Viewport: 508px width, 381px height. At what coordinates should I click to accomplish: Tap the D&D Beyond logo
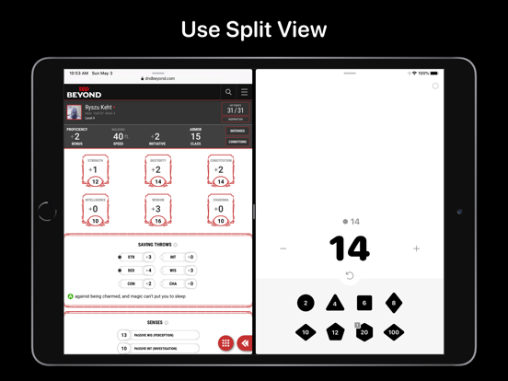pyautogui.click(x=84, y=92)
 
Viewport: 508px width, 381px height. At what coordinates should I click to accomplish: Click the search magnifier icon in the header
pyautogui.click(x=228, y=92)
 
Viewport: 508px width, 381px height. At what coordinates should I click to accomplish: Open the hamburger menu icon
pyautogui.click(x=244, y=92)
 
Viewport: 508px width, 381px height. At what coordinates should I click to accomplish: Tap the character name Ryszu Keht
pyautogui.click(x=98, y=108)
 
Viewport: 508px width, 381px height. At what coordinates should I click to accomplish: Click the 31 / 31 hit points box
pyautogui.click(x=236, y=110)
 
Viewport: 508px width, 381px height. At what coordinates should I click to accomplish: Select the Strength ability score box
pyautogui.click(x=95, y=171)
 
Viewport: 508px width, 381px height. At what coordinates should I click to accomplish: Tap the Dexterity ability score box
pyautogui.click(x=157, y=171)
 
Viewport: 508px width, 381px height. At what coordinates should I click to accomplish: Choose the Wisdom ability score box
pyautogui.click(x=157, y=210)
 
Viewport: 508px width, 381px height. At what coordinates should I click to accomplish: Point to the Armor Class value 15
pyautogui.click(x=195, y=136)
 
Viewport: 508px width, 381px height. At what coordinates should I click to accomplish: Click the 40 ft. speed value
pyautogui.click(x=119, y=136)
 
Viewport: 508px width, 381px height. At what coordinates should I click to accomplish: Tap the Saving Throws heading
pyautogui.click(x=154, y=244)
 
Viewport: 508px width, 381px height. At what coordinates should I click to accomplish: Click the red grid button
pyautogui.click(x=225, y=342)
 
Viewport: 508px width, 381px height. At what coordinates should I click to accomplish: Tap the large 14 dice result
pyautogui.click(x=349, y=248)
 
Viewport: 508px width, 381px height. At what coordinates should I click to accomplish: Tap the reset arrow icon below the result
pyautogui.click(x=349, y=275)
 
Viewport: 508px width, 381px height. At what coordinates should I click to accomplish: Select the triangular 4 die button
pyautogui.click(x=335, y=303)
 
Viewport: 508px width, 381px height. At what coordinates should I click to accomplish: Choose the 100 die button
pyautogui.click(x=394, y=332)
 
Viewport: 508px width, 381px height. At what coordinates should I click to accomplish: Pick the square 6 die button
pyautogui.click(x=364, y=303)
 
